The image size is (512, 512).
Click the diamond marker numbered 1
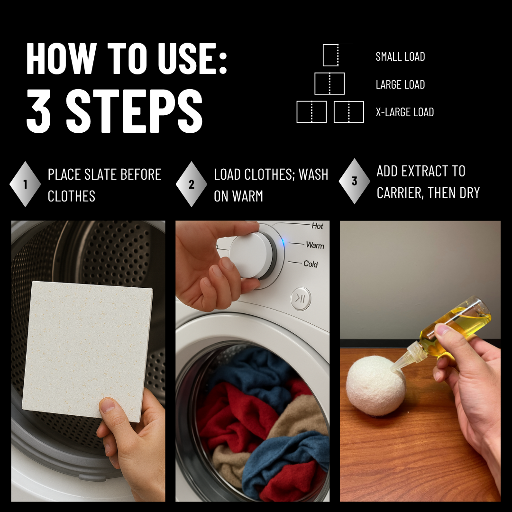(25, 184)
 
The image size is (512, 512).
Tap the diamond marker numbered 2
(192, 184)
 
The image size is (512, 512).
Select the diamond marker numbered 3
(354, 181)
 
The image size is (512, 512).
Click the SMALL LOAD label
(400, 56)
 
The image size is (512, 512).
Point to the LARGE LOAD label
(400, 84)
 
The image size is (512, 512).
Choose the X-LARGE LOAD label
(404, 112)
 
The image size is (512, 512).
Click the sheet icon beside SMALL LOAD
(331, 55)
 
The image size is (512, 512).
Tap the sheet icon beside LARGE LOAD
(329, 83)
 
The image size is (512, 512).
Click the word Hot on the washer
(317, 226)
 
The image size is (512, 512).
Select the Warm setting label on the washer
(315, 245)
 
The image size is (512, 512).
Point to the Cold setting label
(310, 264)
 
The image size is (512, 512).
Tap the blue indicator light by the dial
(283, 243)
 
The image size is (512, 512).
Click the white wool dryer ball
(375, 386)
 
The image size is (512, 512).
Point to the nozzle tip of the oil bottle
(392, 370)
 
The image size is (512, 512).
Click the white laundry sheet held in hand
(88, 351)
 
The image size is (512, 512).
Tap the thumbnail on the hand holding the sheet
(107, 405)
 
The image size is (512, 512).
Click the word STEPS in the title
(134, 110)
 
